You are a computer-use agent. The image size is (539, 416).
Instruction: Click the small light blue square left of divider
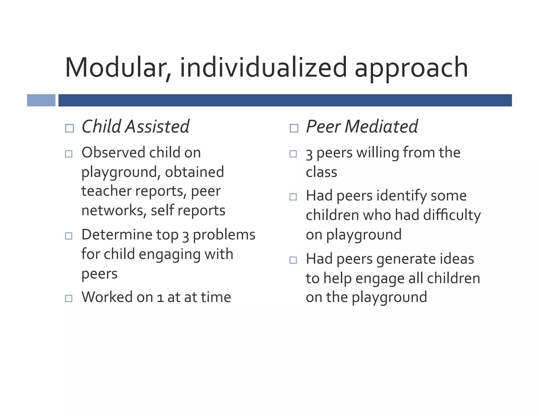[41, 100]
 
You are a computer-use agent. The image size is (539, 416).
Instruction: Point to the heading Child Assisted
[135, 126]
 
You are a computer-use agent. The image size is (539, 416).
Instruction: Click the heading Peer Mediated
[362, 126]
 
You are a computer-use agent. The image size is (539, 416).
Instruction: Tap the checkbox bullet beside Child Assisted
[69, 128]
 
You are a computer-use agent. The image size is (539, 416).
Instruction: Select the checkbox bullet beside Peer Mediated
[294, 128]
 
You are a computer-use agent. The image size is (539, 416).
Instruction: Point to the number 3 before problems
[186, 236]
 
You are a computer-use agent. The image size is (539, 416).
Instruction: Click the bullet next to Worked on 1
[69, 298]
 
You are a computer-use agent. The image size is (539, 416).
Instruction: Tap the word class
[321, 172]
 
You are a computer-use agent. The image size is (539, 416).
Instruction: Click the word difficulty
[452, 215]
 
